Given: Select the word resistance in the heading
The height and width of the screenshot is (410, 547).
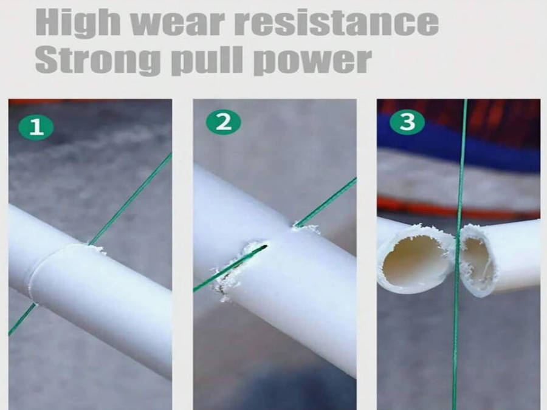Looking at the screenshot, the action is (336, 23).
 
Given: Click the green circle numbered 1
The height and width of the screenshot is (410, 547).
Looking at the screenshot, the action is (36, 128).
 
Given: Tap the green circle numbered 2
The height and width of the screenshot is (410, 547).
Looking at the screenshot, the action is (223, 122).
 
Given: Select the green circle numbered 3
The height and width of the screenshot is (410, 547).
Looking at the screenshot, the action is (407, 122).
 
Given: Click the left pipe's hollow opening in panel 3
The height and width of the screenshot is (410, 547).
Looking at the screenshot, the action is (411, 258).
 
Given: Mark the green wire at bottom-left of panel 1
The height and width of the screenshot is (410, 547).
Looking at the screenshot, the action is (22, 319).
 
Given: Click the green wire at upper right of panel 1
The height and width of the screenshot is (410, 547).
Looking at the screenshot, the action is (131, 198).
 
